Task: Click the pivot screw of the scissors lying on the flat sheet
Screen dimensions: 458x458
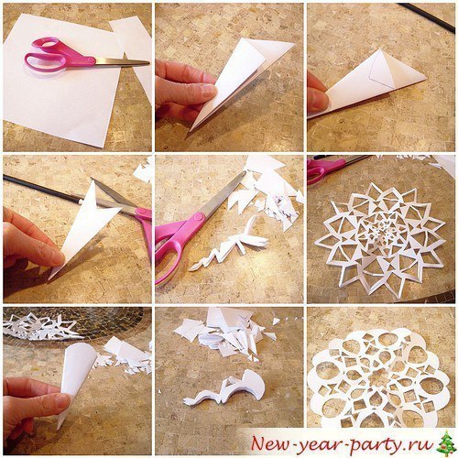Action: [x=91, y=61]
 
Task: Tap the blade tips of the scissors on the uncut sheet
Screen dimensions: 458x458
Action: [x=148, y=63]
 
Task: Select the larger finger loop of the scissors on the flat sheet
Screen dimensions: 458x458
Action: [x=46, y=62]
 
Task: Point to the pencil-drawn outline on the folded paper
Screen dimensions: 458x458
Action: [x=381, y=71]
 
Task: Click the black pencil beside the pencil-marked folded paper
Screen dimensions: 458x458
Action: [x=427, y=16]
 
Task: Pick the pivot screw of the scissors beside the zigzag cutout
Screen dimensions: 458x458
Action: [x=199, y=218]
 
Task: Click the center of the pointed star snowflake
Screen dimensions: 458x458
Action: [x=379, y=237]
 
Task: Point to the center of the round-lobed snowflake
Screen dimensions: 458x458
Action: [x=379, y=377]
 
